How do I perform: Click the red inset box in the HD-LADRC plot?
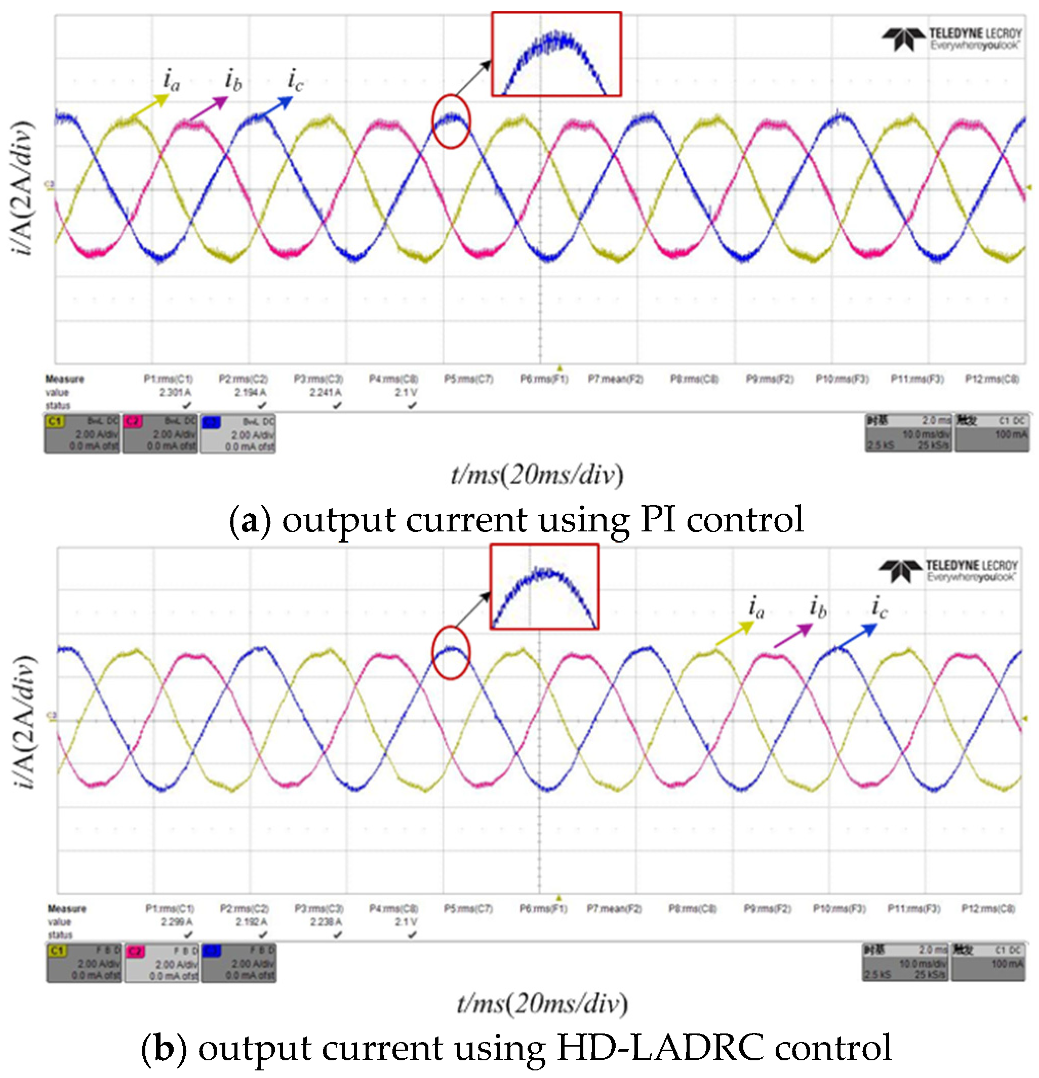pos(544,586)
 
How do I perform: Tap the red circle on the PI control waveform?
pos(451,121)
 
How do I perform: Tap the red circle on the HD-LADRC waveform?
pos(450,652)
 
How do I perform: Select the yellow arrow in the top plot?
pos(150,106)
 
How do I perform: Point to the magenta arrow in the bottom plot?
pos(792,635)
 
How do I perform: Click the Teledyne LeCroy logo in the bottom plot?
pos(948,570)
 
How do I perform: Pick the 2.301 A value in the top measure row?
pos(175,392)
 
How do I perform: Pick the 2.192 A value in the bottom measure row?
pos(251,921)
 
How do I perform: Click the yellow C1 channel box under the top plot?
pos(82,434)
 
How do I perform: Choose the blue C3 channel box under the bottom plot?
pos(238,963)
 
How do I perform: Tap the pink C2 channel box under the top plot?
pos(160,434)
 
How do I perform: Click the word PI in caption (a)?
pos(658,519)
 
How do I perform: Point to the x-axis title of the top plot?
pos(537,474)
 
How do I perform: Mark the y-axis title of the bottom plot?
pos(24,721)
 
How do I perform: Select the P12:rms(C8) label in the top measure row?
pos(992,379)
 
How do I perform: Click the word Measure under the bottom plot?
pos(67,908)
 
